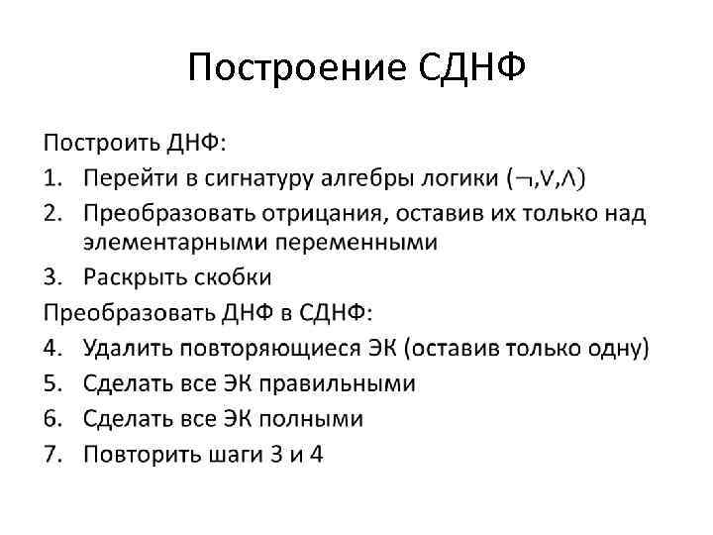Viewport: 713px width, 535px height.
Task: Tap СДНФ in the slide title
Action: (468, 68)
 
